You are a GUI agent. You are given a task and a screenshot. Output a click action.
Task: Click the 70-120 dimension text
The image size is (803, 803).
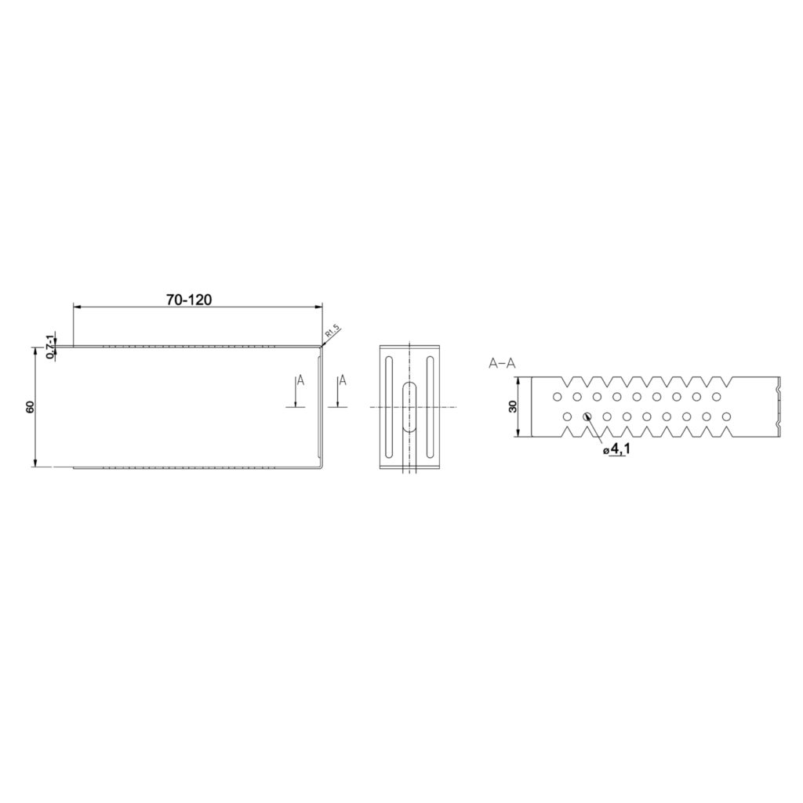tap(188, 299)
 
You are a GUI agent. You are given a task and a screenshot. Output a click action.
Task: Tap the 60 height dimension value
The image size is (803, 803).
tap(30, 407)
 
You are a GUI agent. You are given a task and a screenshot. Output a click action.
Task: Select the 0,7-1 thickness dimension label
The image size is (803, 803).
tap(49, 347)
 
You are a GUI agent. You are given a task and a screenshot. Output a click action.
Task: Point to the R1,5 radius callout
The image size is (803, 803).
tap(332, 332)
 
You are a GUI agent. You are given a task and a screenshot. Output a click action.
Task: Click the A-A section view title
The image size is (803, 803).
tap(503, 364)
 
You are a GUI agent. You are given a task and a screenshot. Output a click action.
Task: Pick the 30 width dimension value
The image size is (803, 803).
tap(513, 407)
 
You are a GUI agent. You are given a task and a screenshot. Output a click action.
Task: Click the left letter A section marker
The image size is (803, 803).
tap(300, 380)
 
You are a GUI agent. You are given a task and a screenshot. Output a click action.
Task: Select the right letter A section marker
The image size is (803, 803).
tap(343, 380)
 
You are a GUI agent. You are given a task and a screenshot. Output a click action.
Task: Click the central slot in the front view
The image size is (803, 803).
tap(409, 407)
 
